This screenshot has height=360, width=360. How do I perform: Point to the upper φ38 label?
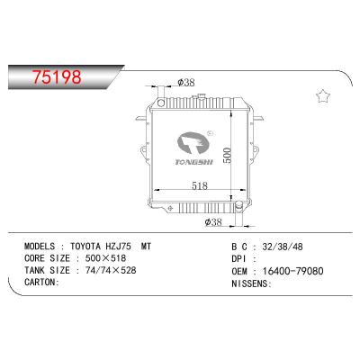(186, 83)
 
